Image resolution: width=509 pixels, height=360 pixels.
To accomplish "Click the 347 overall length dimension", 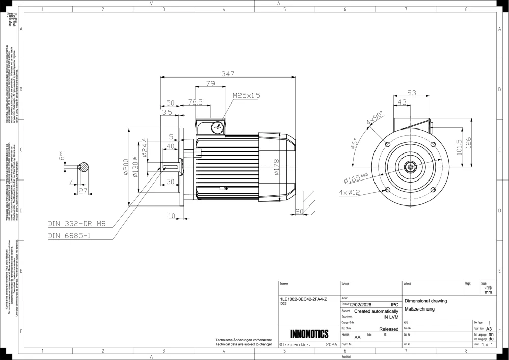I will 228,74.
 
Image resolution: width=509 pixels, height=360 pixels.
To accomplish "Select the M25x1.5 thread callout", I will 247,95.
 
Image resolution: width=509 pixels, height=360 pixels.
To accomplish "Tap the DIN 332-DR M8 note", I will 76,223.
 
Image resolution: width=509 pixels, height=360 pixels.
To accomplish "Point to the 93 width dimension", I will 412,93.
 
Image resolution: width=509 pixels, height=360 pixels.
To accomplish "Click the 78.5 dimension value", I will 195,102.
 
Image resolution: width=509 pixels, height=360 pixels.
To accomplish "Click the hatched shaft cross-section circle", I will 84,167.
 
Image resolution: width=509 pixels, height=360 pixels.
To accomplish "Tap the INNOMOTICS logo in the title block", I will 309,335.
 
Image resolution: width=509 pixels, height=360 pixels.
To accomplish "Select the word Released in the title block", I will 389,330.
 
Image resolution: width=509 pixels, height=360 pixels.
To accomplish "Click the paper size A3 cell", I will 489,330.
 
